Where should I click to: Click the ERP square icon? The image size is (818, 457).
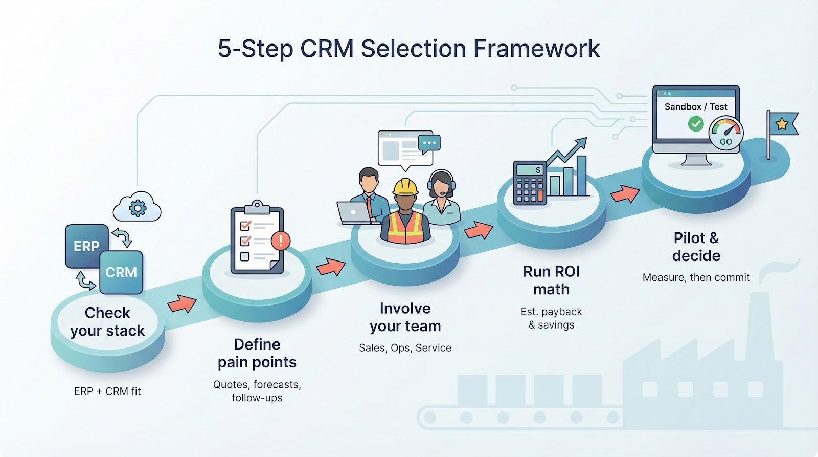86,246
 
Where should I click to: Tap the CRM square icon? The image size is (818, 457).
121,272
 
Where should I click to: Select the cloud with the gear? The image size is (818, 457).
137,207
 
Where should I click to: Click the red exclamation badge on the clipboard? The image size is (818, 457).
281,240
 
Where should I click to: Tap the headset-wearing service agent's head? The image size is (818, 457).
440,183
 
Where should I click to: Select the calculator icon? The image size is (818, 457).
530,183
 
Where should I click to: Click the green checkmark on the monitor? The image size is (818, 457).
695,123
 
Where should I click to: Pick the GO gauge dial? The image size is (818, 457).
726,134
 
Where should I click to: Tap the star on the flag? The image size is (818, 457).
782,123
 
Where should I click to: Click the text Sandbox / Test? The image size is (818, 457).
696,106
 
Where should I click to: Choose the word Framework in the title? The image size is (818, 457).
536,49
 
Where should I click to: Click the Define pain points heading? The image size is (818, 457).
257,353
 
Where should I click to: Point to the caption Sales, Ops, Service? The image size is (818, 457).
405,348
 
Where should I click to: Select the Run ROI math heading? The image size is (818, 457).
551,280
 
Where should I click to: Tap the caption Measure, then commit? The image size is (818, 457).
696,277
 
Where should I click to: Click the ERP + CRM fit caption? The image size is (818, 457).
107,391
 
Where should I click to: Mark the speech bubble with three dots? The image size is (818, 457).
429,144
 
